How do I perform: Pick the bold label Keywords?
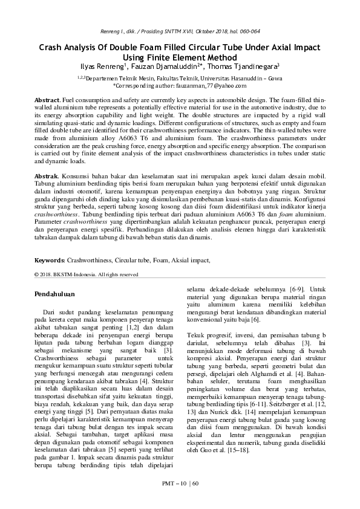pos(48,260)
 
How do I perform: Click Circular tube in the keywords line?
pos(133,260)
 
